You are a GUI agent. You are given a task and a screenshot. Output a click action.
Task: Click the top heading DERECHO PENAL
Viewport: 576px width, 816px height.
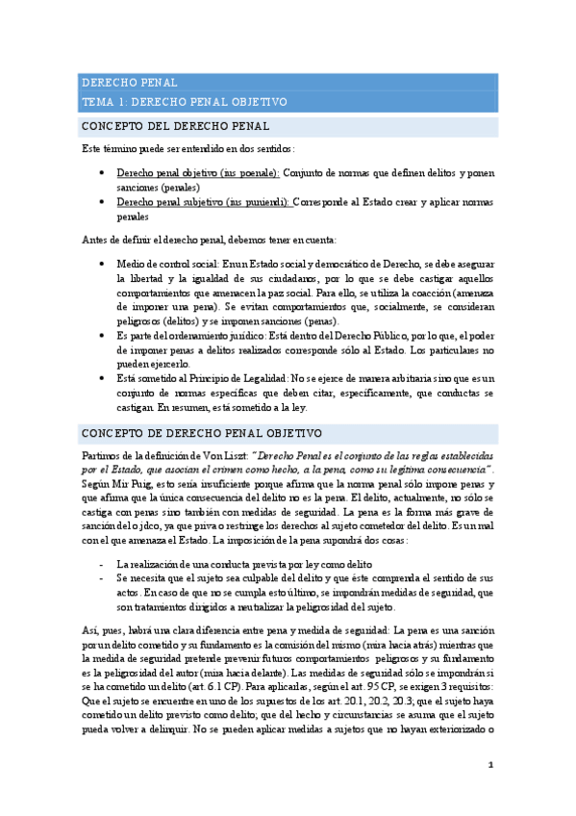point(129,83)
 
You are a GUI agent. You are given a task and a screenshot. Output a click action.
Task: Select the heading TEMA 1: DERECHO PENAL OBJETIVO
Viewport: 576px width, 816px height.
point(184,101)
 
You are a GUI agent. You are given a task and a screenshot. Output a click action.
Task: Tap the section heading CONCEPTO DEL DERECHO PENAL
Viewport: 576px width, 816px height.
point(175,126)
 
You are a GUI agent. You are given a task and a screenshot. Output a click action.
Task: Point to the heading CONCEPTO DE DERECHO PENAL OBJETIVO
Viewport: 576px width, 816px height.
point(201,434)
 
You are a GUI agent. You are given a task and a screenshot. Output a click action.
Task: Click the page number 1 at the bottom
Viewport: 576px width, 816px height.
point(490,765)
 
